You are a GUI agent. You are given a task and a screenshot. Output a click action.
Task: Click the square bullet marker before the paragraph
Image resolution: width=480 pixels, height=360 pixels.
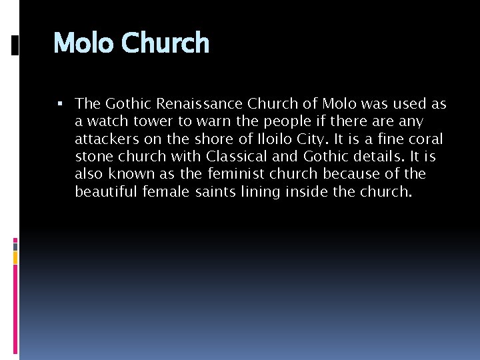[x=60, y=103]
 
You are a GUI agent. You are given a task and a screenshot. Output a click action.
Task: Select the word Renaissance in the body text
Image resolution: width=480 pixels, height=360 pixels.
[x=201, y=104]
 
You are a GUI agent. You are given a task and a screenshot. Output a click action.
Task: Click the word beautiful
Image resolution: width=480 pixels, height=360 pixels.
[x=105, y=191]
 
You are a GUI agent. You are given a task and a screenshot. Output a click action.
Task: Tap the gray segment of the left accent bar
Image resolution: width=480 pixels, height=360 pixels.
[x=15, y=246]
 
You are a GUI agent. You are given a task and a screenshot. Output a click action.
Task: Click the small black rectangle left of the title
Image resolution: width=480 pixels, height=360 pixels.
[x=15, y=45]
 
